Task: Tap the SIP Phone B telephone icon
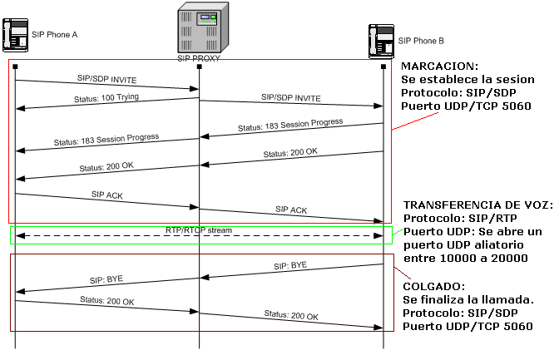[382, 41]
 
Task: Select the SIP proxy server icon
[199, 28]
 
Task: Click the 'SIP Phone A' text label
[54, 34]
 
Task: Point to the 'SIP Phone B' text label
[421, 40]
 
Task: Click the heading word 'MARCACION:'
[439, 66]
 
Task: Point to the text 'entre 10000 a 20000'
[466, 258]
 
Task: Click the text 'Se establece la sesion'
[467, 79]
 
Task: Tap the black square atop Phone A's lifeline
[15, 66]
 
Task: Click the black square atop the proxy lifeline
[199, 66]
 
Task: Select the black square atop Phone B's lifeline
[383, 66]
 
